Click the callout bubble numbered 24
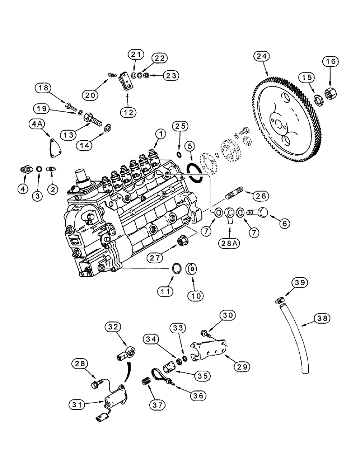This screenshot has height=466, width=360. [262, 56]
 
